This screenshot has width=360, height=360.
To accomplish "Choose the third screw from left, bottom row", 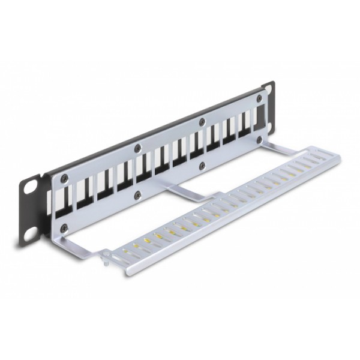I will [x=202, y=163].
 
